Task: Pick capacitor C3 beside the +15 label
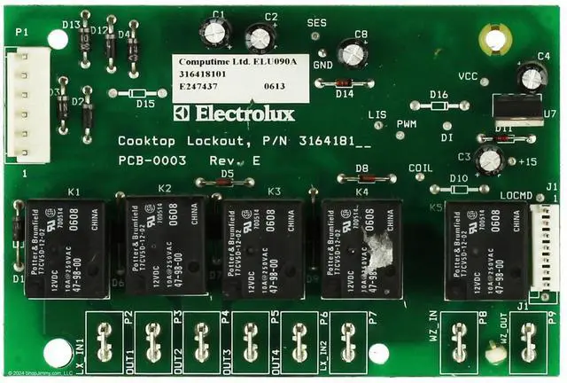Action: click(488, 160)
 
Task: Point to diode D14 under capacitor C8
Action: click(343, 83)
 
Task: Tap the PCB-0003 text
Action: click(152, 160)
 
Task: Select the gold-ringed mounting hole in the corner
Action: click(490, 38)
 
